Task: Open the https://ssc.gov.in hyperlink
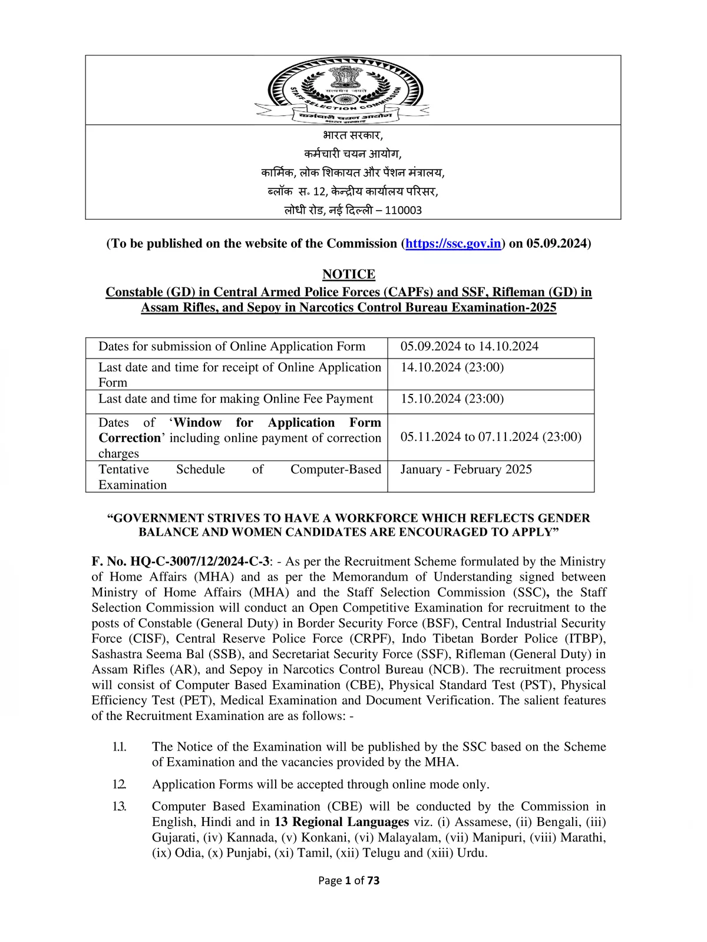pyautogui.click(x=453, y=244)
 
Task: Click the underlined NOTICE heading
pyautogui.click(x=349, y=274)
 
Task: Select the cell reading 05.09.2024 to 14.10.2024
pyautogui.click(x=470, y=347)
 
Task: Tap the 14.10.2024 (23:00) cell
pyautogui.click(x=452, y=367)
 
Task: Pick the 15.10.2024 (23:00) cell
pyautogui.click(x=452, y=399)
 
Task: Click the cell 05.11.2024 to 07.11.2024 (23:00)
pyautogui.click(x=491, y=437)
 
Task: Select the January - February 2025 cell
pyautogui.click(x=466, y=469)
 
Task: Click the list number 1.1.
pyautogui.click(x=120, y=747)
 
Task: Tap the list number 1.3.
pyautogui.click(x=120, y=807)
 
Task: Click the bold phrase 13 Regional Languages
pyautogui.click(x=342, y=822)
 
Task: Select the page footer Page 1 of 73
pyautogui.click(x=349, y=881)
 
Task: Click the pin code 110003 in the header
pyautogui.click(x=404, y=211)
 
